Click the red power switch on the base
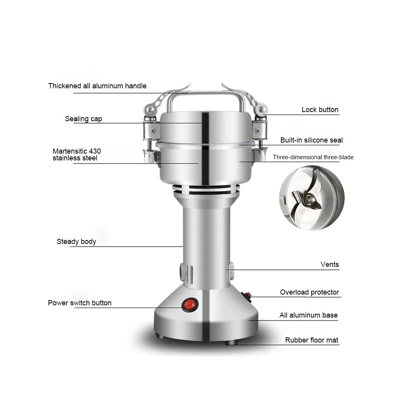point(190,305)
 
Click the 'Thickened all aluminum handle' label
point(97,86)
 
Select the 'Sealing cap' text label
point(83,119)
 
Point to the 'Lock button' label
point(320,110)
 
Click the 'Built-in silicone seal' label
point(311,140)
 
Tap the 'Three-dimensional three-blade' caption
point(313,157)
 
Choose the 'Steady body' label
point(76,242)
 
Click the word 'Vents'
point(329,265)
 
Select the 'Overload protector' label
point(309,292)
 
